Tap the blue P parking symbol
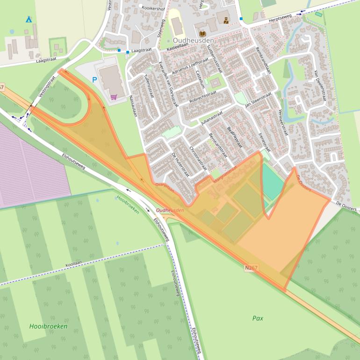[94, 80]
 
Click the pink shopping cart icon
[114, 97]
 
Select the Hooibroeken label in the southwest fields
[48, 326]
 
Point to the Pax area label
[258, 318]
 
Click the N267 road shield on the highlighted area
[251, 268]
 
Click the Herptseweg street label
[280, 20]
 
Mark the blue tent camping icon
[29, 19]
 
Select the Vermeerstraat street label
[283, 122]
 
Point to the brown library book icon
[202, 34]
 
